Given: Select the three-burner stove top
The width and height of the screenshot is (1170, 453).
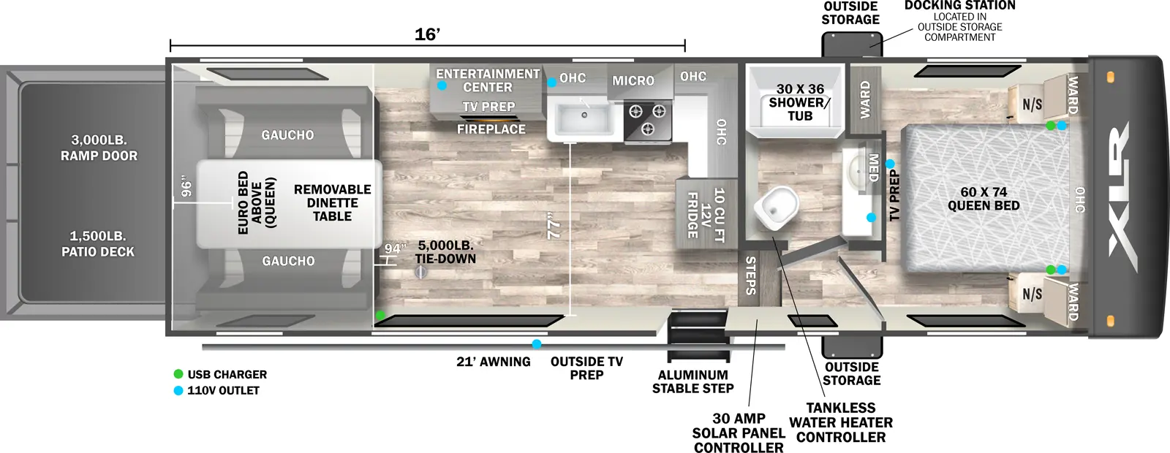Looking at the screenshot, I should (647, 120).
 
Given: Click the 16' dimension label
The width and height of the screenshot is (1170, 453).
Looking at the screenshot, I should (427, 34).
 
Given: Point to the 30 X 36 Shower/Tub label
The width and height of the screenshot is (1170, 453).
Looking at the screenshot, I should (800, 102).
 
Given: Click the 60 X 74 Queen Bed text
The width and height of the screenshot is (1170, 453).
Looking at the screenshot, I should (984, 199).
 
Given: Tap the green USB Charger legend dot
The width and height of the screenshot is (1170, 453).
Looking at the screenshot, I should (178, 374).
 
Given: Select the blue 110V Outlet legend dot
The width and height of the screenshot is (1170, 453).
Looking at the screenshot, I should (178, 390).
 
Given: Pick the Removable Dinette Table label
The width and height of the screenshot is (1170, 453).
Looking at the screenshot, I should (332, 202).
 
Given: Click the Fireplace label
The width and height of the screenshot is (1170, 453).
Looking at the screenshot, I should (491, 129).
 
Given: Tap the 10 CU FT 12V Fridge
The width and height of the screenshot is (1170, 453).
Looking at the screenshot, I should (704, 213).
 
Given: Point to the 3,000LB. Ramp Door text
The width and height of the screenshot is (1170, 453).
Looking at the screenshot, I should (99, 148).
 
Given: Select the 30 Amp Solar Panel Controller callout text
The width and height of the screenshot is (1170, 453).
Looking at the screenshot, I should (739, 433).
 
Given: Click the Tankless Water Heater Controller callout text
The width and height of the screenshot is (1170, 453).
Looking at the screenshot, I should (841, 422).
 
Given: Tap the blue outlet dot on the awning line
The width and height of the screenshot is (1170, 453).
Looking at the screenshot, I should (537, 344).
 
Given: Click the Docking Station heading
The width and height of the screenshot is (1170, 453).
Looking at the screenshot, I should (959, 6).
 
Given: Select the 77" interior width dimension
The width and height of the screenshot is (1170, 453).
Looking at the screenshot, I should (554, 229).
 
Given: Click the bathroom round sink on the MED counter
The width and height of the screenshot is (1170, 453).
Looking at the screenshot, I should (856, 172).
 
